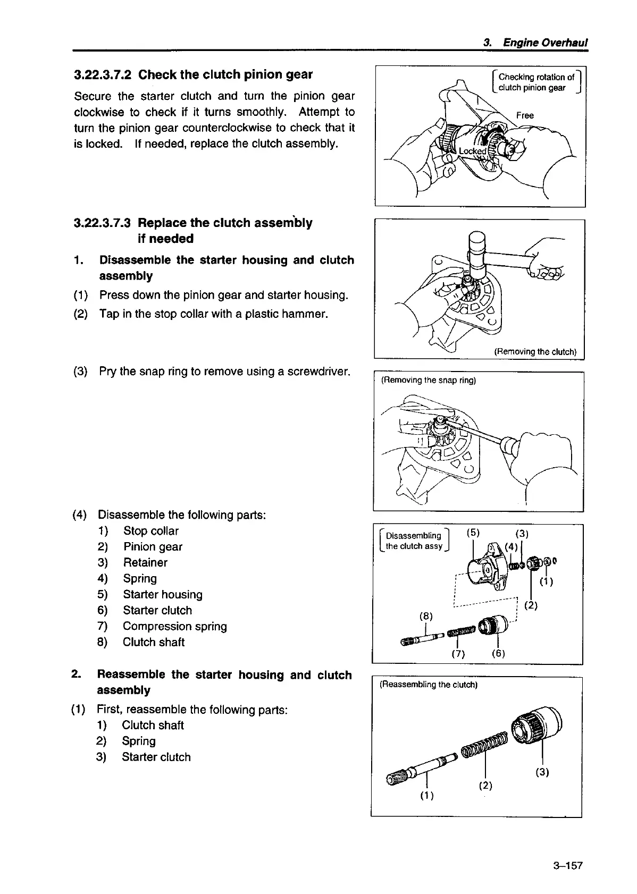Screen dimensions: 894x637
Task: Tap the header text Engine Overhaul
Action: click(x=544, y=43)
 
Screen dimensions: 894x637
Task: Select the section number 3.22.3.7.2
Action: click(x=104, y=74)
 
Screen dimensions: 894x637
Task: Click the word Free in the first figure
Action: click(x=525, y=115)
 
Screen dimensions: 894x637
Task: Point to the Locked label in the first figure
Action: click(x=472, y=151)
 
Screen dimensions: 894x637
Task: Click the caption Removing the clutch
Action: click(x=535, y=351)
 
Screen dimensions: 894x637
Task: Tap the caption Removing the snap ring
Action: click(x=429, y=380)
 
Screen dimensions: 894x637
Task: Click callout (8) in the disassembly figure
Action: click(x=426, y=617)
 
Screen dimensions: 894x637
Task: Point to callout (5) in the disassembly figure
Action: click(x=473, y=533)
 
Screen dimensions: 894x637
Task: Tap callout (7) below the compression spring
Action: click(x=458, y=654)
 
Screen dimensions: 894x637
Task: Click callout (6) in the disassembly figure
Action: click(x=498, y=654)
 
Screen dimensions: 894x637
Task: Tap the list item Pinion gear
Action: click(x=153, y=547)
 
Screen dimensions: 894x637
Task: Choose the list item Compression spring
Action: click(x=174, y=627)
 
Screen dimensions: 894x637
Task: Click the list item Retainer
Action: click(x=145, y=563)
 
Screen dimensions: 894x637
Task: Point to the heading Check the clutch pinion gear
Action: click(x=225, y=74)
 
